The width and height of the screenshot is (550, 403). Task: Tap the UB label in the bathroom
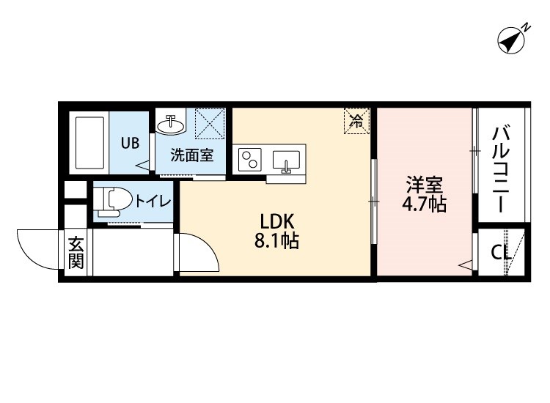coord(130,144)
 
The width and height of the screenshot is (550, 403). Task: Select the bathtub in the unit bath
coord(89,142)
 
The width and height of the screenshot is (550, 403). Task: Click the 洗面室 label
coord(192,155)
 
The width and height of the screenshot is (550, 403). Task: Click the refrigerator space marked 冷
coord(356,121)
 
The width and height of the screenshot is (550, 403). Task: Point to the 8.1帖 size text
coord(276,241)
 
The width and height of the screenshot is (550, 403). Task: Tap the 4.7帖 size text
coord(423,204)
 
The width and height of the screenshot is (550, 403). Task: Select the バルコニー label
coord(502,169)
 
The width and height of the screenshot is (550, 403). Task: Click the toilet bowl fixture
coord(114,199)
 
